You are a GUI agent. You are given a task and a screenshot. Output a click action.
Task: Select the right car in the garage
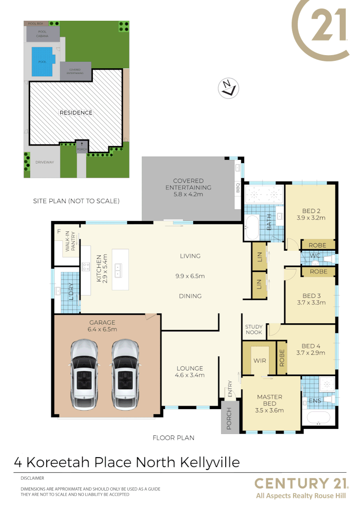125,370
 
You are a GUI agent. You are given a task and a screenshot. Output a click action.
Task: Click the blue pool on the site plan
42,61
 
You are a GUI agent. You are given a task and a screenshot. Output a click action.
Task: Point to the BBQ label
237,188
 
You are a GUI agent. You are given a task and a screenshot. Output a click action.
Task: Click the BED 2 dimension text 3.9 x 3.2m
310,218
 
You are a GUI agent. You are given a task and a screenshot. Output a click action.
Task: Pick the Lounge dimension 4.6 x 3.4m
190,376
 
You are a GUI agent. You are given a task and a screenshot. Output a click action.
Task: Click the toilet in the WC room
328,259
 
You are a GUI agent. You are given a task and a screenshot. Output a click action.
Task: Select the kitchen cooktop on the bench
86,267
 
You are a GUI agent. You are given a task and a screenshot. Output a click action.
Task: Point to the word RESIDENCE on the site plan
75,113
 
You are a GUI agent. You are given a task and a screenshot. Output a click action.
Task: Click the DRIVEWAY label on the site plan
45,162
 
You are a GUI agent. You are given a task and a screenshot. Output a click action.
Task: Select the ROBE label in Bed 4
282,357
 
